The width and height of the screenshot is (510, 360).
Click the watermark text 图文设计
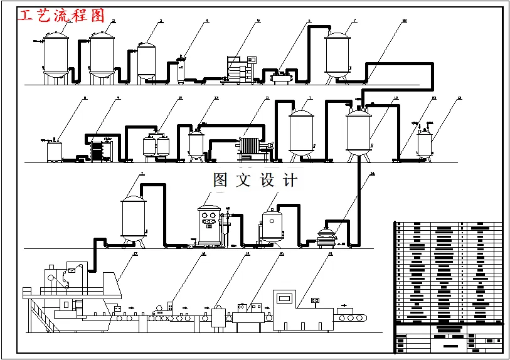pyautogui.click(x=255, y=181)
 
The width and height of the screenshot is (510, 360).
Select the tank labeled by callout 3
pyautogui.click(x=146, y=60)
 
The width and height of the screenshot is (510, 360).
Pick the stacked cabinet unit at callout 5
pyautogui.click(x=241, y=68)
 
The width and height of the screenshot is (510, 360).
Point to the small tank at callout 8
pyautogui.click(x=55, y=150)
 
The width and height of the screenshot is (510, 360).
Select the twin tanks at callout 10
pyautogui.click(x=156, y=146)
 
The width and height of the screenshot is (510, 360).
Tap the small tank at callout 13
pyautogui.click(x=424, y=142)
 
